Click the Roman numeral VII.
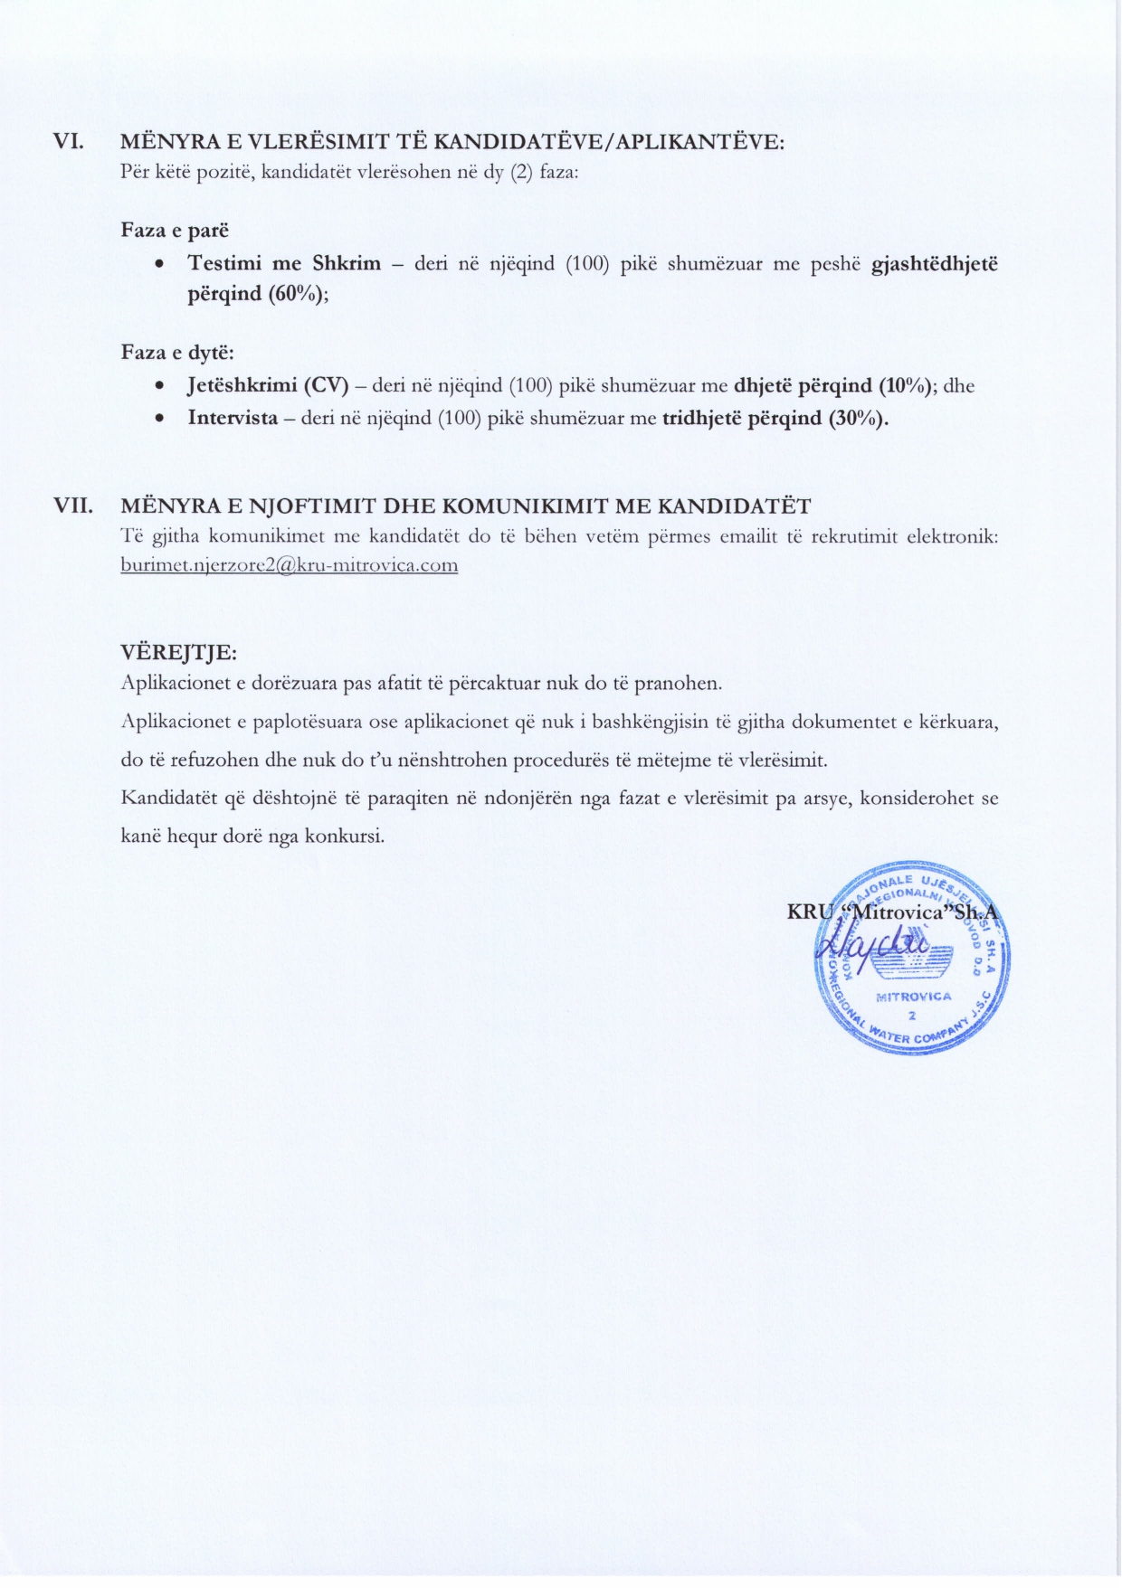(x=73, y=506)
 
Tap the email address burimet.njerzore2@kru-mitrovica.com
(x=289, y=565)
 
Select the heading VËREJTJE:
(x=179, y=652)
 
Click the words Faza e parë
(x=175, y=230)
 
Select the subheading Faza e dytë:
(x=177, y=353)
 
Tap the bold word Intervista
(x=233, y=419)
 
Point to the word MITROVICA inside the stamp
(x=914, y=997)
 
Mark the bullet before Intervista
(x=159, y=420)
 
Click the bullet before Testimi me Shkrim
(x=159, y=265)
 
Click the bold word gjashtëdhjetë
(x=934, y=264)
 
